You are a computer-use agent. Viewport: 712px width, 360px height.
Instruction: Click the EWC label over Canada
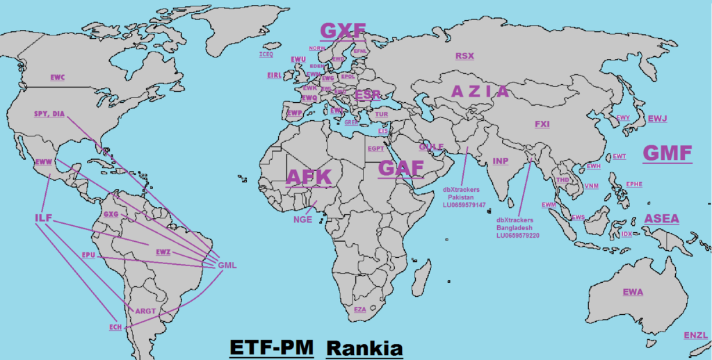(57, 77)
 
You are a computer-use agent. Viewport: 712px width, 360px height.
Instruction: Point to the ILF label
(43, 219)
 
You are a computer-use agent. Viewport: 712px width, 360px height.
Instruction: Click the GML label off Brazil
(227, 265)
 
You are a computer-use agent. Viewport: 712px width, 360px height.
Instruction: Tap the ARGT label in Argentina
(145, 311)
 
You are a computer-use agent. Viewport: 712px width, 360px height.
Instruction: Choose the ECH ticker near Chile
(115, 327)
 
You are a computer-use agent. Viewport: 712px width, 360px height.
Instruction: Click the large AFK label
(309, 177)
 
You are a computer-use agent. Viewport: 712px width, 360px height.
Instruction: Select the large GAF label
(400, 169)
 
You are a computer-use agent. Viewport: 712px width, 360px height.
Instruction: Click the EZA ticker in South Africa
(359, 309)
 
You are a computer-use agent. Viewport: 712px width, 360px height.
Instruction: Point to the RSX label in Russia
(464, 56)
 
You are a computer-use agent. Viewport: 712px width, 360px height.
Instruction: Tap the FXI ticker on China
(542, 124)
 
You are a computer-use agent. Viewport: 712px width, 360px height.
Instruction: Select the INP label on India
(501, 161)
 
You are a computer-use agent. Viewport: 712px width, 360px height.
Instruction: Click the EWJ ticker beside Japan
(657, 119)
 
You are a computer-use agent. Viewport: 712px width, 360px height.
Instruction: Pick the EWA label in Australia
(633, 291)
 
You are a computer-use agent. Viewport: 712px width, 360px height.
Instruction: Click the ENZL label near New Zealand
(695, 336)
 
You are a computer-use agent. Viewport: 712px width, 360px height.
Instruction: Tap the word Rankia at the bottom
(364, 347)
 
